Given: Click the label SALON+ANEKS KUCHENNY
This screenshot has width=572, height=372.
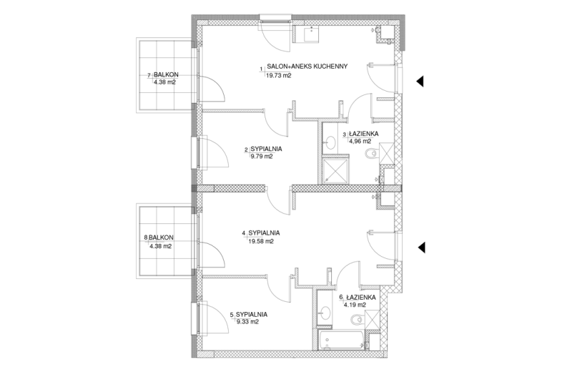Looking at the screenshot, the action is tap(307, 67).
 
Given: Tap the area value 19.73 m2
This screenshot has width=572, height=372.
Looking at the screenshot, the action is tap(279, 76).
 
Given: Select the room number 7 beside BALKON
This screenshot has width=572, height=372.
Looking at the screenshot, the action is tap(149, 76).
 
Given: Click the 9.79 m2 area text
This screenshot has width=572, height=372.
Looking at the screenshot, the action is tap(260, 157).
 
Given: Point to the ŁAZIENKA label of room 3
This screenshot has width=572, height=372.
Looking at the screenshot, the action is tap(363, 134).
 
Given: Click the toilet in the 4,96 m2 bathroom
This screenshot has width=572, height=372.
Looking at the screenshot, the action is tap(372, 154).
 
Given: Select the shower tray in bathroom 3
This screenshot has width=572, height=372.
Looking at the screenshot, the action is tap(335, 170).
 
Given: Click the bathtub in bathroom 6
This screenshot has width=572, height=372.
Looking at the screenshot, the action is tap(341, 341).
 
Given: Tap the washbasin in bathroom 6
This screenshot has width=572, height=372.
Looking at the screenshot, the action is tap(325, 312).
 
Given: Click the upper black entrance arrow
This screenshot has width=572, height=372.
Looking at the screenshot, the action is tap(420, 81).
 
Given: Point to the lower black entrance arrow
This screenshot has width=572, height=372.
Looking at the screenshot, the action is tap(422, 248).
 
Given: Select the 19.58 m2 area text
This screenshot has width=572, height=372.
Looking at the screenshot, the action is tap(261, 241).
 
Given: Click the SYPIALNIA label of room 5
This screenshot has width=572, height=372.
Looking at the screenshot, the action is tap(252, 314).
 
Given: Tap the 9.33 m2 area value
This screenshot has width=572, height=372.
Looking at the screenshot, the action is tap(247, 322).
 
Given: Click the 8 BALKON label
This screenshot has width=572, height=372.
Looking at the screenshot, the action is tap(159, 238).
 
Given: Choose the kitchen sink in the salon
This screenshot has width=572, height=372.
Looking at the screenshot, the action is tap(311, 34).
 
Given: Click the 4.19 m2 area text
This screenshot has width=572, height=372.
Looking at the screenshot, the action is tap(355, 305).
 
